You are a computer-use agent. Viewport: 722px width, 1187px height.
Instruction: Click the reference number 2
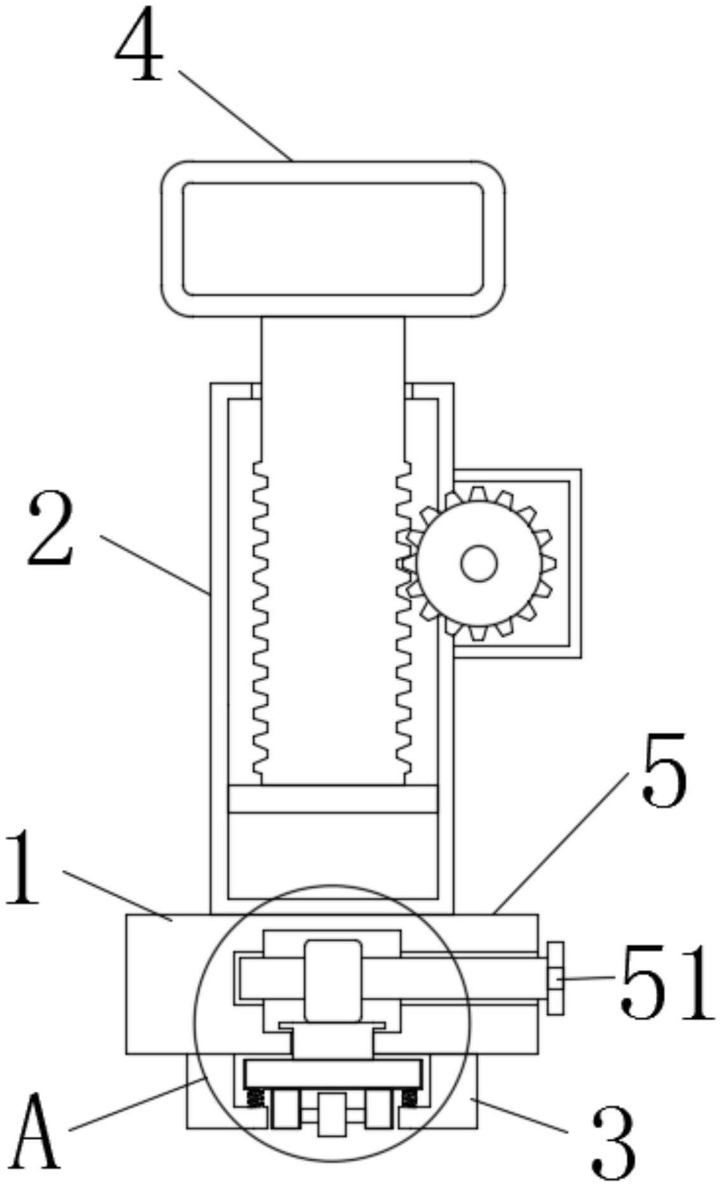[51, 530]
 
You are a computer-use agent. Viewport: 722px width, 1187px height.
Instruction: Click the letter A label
[36, 1131]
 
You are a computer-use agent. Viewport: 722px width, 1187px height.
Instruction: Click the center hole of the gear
[479, 564]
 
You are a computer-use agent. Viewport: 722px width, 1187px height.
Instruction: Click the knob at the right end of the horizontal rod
[555, 978]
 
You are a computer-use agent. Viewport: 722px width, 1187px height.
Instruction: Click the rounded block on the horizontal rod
[332, 980]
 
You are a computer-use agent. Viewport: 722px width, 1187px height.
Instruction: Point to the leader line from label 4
[236, 115]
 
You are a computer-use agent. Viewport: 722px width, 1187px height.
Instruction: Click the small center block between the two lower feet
[332, 1114]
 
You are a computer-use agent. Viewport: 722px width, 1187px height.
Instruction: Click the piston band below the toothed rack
[332, 799]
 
